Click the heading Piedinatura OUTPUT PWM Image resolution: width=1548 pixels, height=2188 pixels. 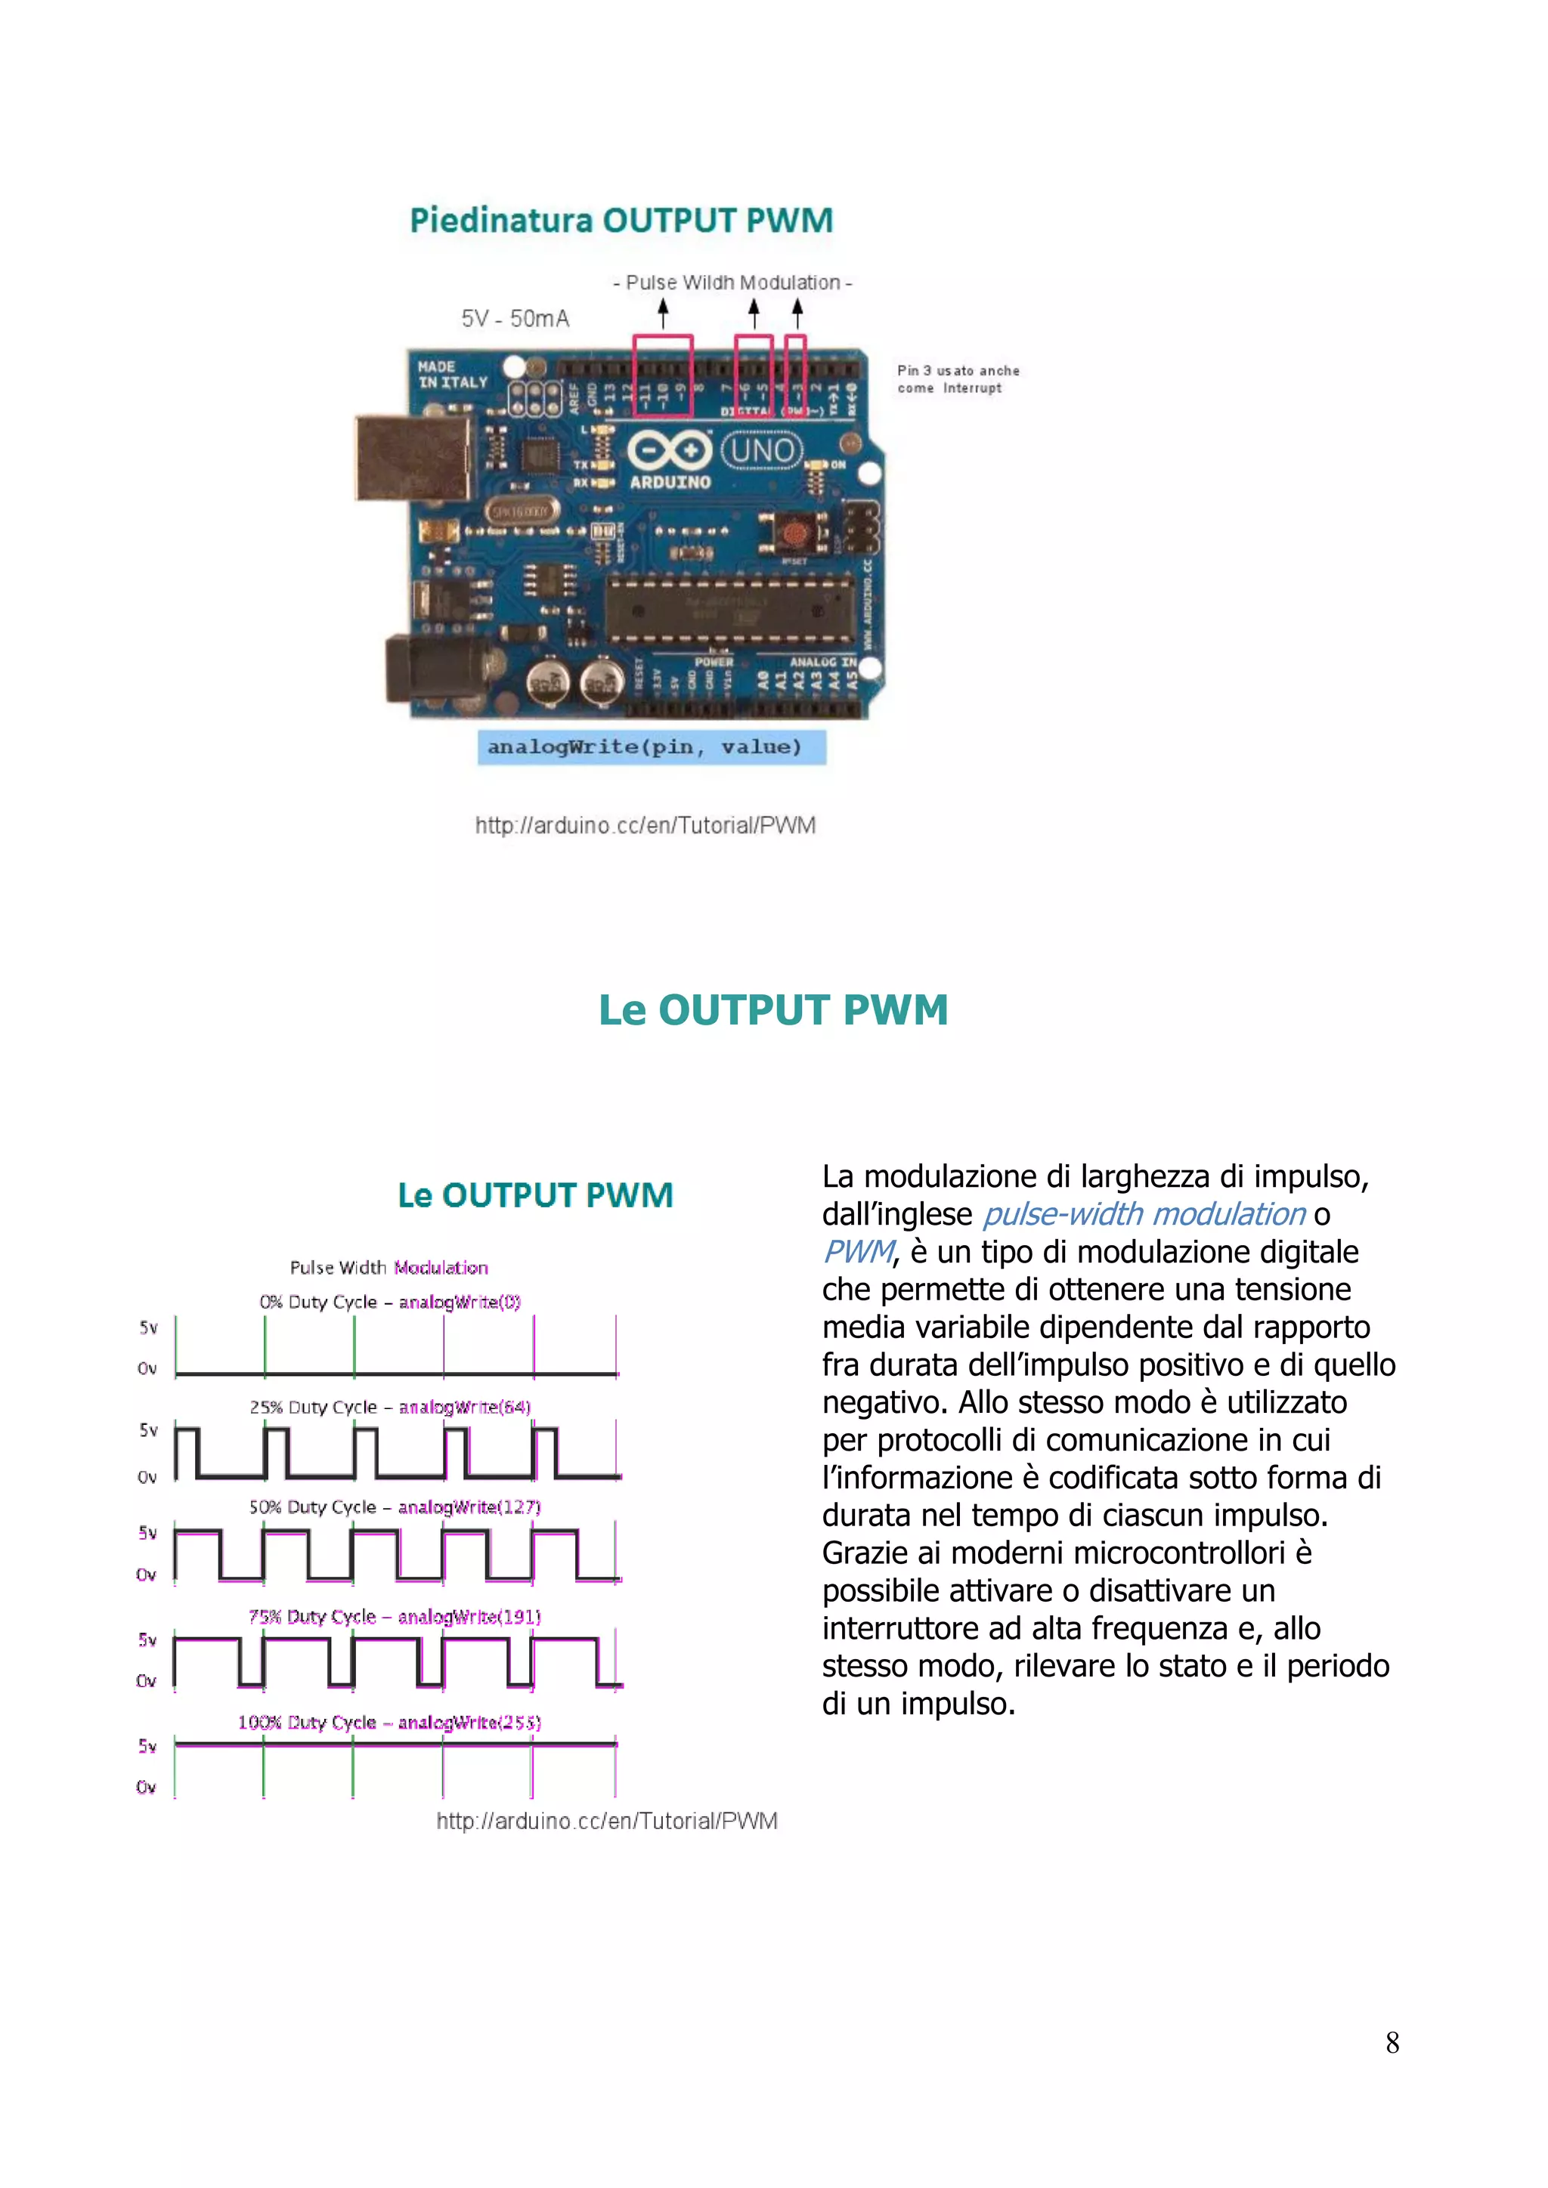click(621, 220)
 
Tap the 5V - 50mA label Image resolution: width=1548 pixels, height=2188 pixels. click(515, 318)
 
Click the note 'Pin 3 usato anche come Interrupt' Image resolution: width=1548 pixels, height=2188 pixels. click(957, 379)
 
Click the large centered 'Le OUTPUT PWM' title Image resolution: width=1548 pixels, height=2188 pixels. click(773, 1010)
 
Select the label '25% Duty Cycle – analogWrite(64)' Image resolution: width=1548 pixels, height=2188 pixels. click(390, 1407)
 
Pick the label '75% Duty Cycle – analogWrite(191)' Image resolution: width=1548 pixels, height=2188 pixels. click(394, 1616)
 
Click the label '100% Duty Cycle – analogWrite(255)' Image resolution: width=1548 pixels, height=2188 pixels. click(389, 1722)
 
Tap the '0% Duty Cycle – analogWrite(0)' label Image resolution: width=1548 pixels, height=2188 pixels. click(390, 1302)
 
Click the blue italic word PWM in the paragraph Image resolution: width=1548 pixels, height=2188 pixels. click(858, 1251)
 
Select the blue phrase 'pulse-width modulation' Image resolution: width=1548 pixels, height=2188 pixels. click(1144, 1214)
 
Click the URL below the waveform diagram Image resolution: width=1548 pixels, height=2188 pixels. click(606, 1821)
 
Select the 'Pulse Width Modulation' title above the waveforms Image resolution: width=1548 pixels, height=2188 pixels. click(389, 1268)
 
